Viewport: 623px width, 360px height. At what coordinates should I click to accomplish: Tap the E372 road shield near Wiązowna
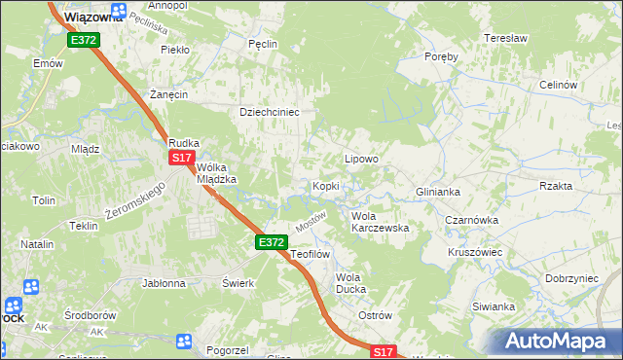tap(82, 40)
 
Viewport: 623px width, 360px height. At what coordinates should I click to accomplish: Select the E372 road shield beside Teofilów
tap(272, 241)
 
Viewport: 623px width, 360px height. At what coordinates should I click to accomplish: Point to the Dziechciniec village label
tap(269, 112)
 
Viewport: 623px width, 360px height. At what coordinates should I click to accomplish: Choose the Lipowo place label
tap(361, 158)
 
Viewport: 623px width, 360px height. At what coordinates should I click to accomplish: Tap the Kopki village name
tap(324, 186)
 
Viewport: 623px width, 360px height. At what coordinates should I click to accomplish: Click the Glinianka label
tap(437, 192)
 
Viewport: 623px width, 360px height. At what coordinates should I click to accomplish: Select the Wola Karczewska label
tap(379, 221)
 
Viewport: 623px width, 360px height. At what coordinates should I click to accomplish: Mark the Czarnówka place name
tap(471, 220)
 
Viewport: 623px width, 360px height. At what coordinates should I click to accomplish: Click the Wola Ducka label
tap(349, 283)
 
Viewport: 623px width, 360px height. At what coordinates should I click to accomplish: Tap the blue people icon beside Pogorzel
tap(184, 341)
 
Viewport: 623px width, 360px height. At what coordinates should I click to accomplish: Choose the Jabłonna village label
tap(164, 284)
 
